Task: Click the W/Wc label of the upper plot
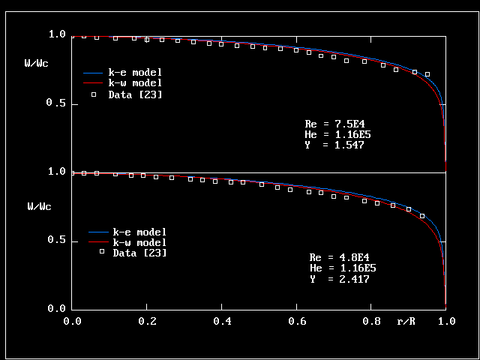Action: tap(37, 63)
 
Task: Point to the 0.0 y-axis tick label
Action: tap(58, 308)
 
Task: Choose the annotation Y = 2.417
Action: tap(339, 278)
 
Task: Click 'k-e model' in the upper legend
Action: tap(135, 73)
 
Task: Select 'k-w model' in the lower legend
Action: tap(139, 242)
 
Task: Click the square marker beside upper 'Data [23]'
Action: tap(94, 94)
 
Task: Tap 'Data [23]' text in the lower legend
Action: tap(139, 253)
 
